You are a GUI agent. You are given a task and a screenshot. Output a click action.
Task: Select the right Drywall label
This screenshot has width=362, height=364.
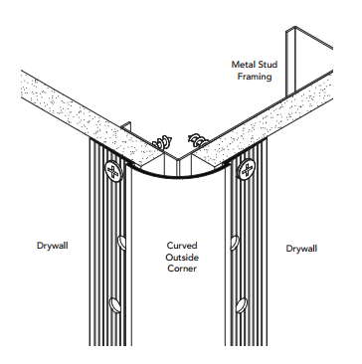[x=301, y=248]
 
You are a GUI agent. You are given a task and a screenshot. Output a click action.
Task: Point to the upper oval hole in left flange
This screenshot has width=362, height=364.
[x=120, y=241]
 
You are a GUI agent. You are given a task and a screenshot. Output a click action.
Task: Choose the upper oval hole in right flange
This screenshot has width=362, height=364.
[x=236, y=241]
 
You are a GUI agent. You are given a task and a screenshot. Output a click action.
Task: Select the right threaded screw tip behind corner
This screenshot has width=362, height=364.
[x=197, y=137]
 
